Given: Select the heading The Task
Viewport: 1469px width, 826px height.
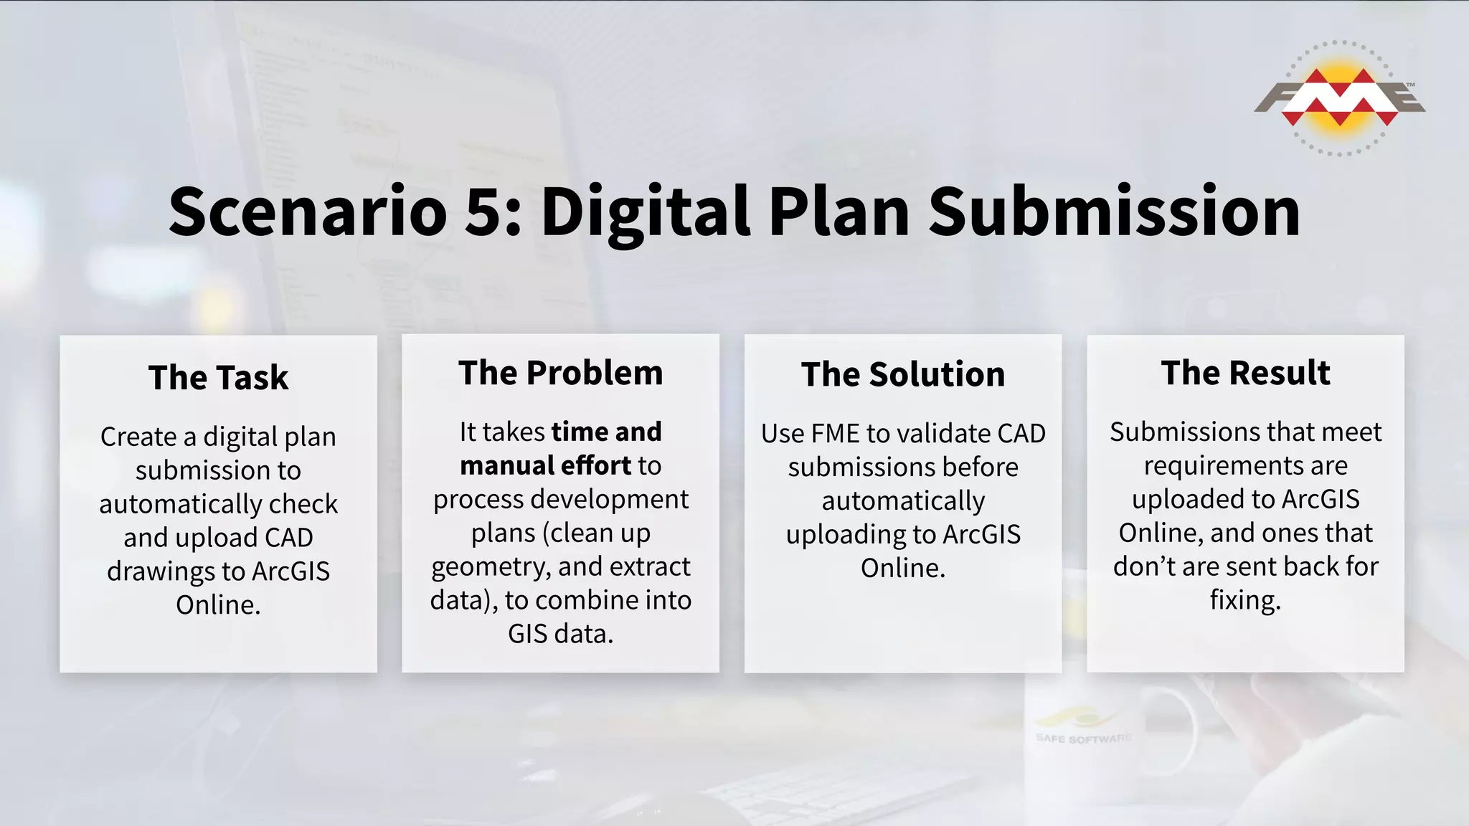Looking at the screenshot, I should tap(218, 377).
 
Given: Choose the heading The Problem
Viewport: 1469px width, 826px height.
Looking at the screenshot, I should tap(560, 373).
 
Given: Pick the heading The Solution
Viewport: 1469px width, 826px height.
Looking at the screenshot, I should tap(902, 374).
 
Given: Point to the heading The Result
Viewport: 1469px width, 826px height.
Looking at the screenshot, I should tap(1245, 373).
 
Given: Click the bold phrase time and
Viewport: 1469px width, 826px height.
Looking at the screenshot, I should tap(606, 432).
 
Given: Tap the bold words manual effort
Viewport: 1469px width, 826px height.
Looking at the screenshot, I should tap(545, 465).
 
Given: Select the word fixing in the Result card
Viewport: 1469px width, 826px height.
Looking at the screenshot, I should tap(1244, 600).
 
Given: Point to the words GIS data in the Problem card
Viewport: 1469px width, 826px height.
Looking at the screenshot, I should tap(560, 634).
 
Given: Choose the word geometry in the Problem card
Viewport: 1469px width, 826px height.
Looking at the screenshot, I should tap(490, 567).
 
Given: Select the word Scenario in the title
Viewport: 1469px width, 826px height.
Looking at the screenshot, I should tap(308, 212).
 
